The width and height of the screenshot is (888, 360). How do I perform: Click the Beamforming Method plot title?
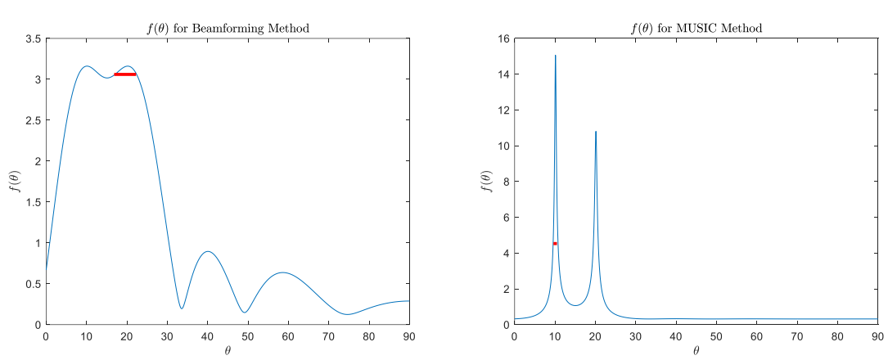[x=228, y=29]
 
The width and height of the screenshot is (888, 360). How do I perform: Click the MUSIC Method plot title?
[x=696, y=29]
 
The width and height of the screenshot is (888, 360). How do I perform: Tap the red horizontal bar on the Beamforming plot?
[x=124, y=74]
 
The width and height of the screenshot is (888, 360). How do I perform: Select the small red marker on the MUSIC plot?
[x=555, y=243]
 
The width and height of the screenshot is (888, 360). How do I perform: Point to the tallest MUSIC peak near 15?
[x=555, y=56]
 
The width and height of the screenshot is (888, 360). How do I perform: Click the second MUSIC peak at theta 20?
[x=596, y=132]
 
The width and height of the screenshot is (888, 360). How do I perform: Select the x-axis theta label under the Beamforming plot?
[x=228, y=350]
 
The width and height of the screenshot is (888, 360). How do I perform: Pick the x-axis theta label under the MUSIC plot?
[x=696, y=350]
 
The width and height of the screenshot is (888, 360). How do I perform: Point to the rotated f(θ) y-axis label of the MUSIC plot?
[x=484, y=182]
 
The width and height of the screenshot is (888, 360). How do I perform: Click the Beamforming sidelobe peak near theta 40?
[x=207, y=252]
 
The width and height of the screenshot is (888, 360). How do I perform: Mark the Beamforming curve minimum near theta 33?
[x=182, y=308]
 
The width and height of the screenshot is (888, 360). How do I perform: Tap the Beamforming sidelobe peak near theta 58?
[x=282, y=272]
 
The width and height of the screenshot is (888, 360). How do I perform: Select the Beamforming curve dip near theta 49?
[x=244, y=312]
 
